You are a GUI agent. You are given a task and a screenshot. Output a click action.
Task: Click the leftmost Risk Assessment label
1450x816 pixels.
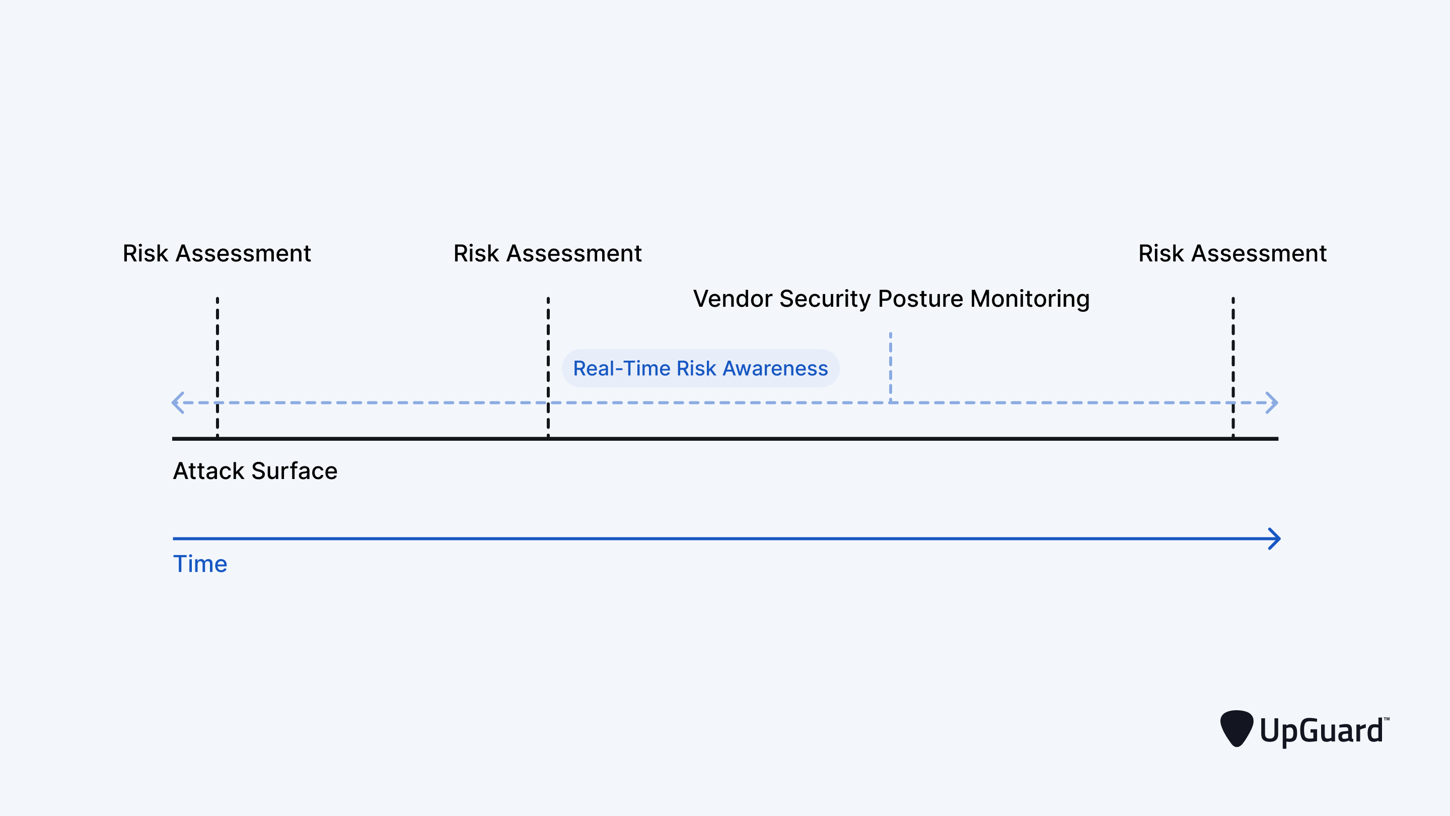click(x=216, y=253)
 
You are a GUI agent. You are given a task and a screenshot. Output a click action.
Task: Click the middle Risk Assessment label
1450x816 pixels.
click(x=547, y=253)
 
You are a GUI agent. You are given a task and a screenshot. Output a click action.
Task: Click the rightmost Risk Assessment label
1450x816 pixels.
click(x=1232, y=253)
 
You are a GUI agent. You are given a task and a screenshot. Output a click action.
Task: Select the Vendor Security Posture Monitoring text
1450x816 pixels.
click(x=891, y=299)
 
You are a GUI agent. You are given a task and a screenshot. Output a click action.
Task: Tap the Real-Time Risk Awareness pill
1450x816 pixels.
click(x=700, y=368)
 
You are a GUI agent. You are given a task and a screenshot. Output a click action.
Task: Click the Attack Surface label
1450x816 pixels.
click(x=255, y=471)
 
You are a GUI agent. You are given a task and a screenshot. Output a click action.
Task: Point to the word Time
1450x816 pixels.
click(x=200, y=564)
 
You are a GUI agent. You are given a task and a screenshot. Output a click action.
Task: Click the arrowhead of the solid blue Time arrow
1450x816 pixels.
click(x=1274, y=539)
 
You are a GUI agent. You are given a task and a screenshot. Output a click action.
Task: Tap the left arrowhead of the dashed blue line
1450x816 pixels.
click(x=178, y=402)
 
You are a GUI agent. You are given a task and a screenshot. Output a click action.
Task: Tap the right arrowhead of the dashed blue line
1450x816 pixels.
click(x=1272, y=402)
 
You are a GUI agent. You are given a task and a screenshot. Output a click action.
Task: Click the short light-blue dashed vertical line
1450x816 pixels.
click(x=891, y=366)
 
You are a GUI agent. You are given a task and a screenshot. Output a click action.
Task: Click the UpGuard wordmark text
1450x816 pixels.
click(x=1321, y=731)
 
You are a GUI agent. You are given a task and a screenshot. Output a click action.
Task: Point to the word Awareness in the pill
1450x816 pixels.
click(x=775, y=368)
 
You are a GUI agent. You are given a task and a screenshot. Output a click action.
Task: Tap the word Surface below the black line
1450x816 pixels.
click(x=295, y=471)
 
